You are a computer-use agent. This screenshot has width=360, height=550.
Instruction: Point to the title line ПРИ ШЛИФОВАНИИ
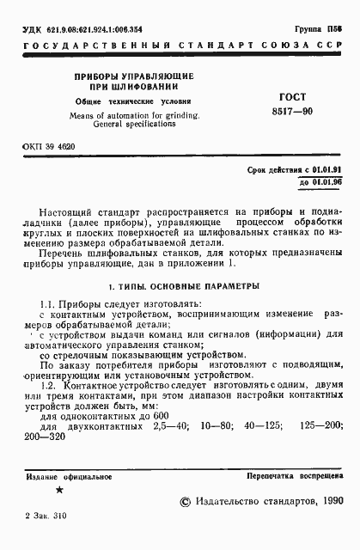(x=126, y=87)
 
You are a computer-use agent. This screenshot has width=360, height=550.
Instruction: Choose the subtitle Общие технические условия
(x=126, y=101)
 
